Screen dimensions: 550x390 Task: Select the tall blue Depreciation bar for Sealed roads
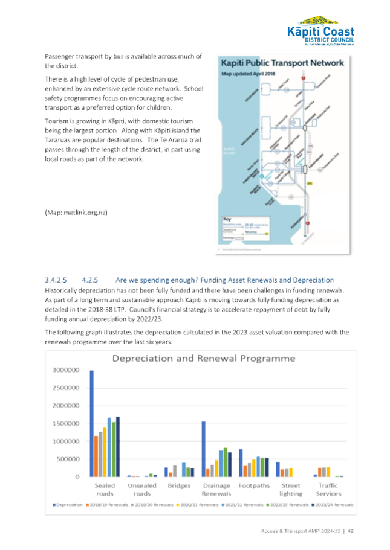pos(91,423)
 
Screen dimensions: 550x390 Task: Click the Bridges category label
pos(179,485)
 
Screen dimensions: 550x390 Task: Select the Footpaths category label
pos(250,485)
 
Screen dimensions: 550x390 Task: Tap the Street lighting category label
pos(290,489)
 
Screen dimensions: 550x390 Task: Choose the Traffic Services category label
pos(328,489)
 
